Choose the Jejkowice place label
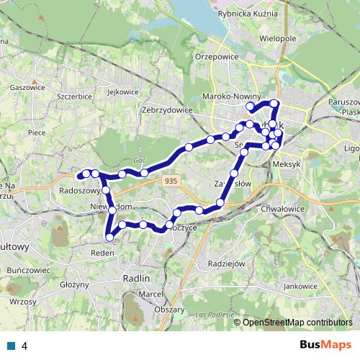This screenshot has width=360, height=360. pos(122,92)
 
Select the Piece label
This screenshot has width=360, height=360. pos(37,132)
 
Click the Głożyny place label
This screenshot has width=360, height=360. pos(73,284)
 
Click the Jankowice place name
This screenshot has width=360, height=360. pos(300,286)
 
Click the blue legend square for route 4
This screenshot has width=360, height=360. pos(10,346)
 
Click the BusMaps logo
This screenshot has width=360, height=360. pos(323,346)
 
